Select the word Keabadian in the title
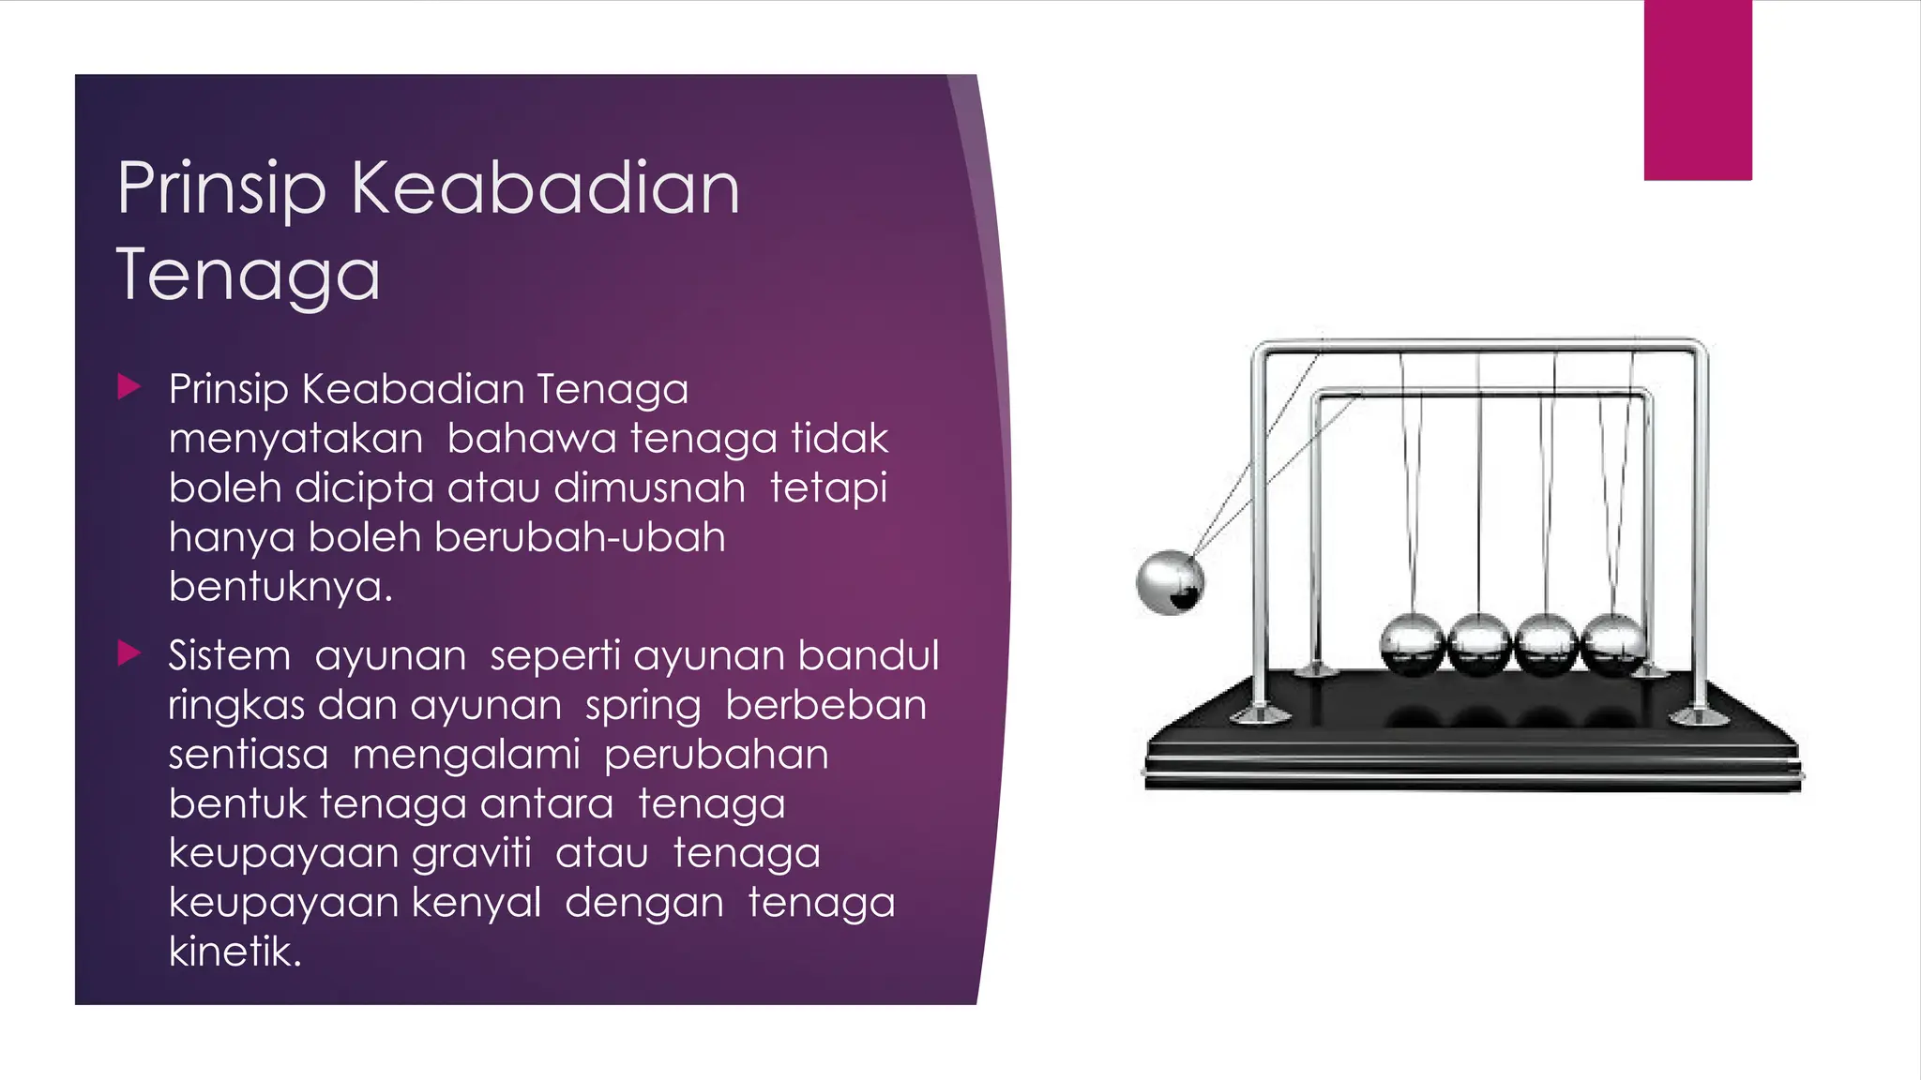(x=545, y=187)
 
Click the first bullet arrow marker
(x=129, y=386)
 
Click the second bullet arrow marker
(x=129, y=652)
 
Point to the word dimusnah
(x=649, y=487)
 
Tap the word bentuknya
(x=280, y=588)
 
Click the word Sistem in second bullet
(x=229, y=655)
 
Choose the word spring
(x=643, y=706)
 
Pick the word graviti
(x=471, y=853)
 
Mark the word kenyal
(x=476, y=903)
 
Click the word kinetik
(x=234, y=952)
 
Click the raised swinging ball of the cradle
(x=1170, y=582)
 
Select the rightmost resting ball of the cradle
(x=1612, y=645)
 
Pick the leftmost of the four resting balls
(x=1413, y=645)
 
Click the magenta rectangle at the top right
(x=1698, y=90)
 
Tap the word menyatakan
(x=295, y=439)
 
